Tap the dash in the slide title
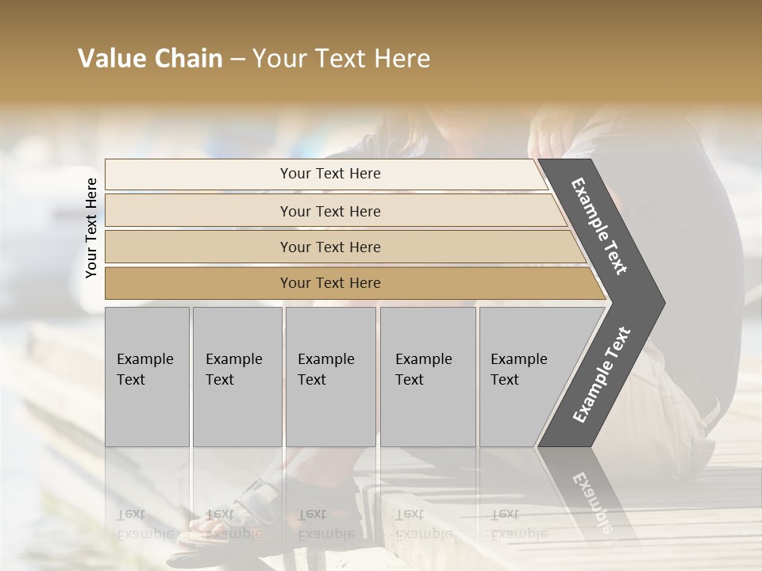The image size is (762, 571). pyautogui.click(x=237, y=59)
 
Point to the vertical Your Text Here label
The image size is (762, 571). pyautogui.click(x=91, y=228)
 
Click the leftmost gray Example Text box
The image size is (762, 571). pyautogui.click(x=147, y=377)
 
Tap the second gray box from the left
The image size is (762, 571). pyautogui.click(x=237, y=377)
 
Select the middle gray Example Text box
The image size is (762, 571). pyautogui.click(x=330, y=377)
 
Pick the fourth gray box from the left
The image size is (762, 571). pyautogui.click(x=427, y=377)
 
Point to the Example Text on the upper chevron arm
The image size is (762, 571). pyautogui.click(x=599, y=226)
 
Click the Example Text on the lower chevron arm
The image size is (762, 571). pyautogui.click(x=602, y=374)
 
